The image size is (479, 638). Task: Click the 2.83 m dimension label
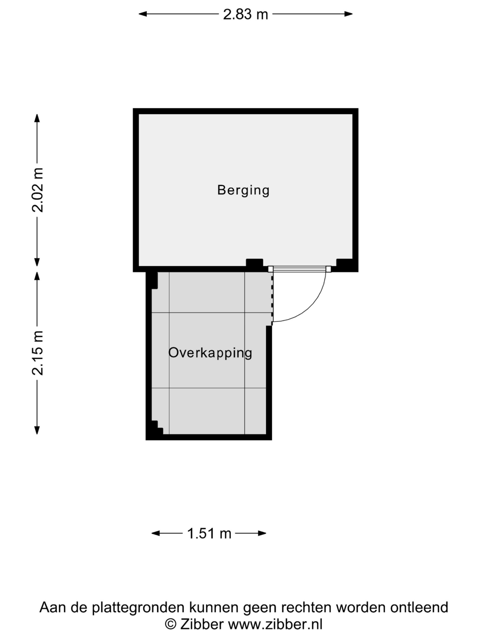point(245,14)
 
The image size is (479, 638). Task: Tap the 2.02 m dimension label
point(37,190)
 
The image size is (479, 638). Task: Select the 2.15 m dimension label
point(37,353)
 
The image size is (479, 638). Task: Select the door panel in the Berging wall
point(299,269)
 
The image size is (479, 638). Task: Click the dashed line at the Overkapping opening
point(272,299)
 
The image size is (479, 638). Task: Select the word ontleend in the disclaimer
point(419,607)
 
